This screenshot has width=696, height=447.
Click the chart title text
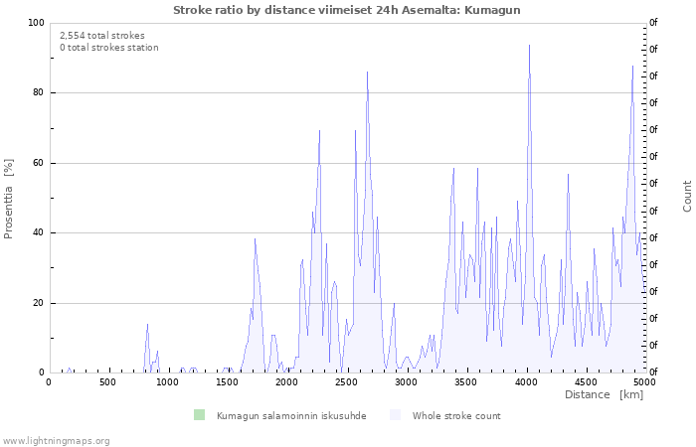(x=346, y=10)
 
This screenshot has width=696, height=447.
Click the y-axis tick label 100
(x=36, y=23)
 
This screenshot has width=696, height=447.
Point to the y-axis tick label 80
(x=39, y=93)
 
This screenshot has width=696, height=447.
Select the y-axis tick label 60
(x=39, y=163)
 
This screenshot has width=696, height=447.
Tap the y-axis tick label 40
(x=39, y=233)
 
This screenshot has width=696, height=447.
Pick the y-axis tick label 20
(x=39, y=303)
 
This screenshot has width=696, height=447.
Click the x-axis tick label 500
(x=107, y=382)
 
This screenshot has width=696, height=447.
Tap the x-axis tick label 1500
(x=227, y=382)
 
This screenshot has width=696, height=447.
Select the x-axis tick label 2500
(x=346, y=382)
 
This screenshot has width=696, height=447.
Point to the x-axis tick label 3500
(x=465, y=382)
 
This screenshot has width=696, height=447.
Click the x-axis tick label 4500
(x=585, y=382)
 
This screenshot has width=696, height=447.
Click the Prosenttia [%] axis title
(x=9, y=199)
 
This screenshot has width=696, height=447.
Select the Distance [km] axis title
(x=604, y=395)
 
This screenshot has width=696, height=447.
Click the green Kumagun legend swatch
(x=199, y=415)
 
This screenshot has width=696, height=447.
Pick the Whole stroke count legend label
(x=456, y=416)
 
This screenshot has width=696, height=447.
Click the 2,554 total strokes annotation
(x=101, y=35)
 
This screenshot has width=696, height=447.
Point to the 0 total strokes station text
(x=108, y=48)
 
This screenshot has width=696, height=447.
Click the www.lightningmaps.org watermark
(x=56, y=441)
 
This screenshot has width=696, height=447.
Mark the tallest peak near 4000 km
(x=529, y=45)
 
